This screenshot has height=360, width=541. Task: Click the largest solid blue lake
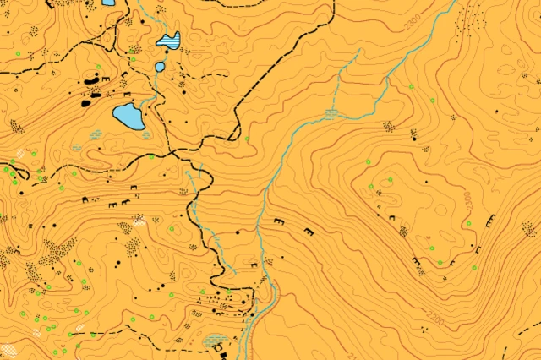click(x=129, y=117)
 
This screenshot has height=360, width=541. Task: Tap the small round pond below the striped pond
click(x=160, y=66)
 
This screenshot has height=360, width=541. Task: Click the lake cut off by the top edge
click(x=108, y=3)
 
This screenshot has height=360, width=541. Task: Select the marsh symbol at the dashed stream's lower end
click(x=331, y=113)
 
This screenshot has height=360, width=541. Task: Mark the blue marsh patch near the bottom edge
click(x=215, y=341)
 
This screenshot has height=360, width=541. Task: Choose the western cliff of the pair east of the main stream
click(x=280, y=221)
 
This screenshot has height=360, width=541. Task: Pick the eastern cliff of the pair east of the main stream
click(x=308, y=231)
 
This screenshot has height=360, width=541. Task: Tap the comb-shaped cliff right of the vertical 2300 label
click(x=491, y=220)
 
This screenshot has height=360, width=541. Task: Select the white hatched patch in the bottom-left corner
click(x=10, y=349)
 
